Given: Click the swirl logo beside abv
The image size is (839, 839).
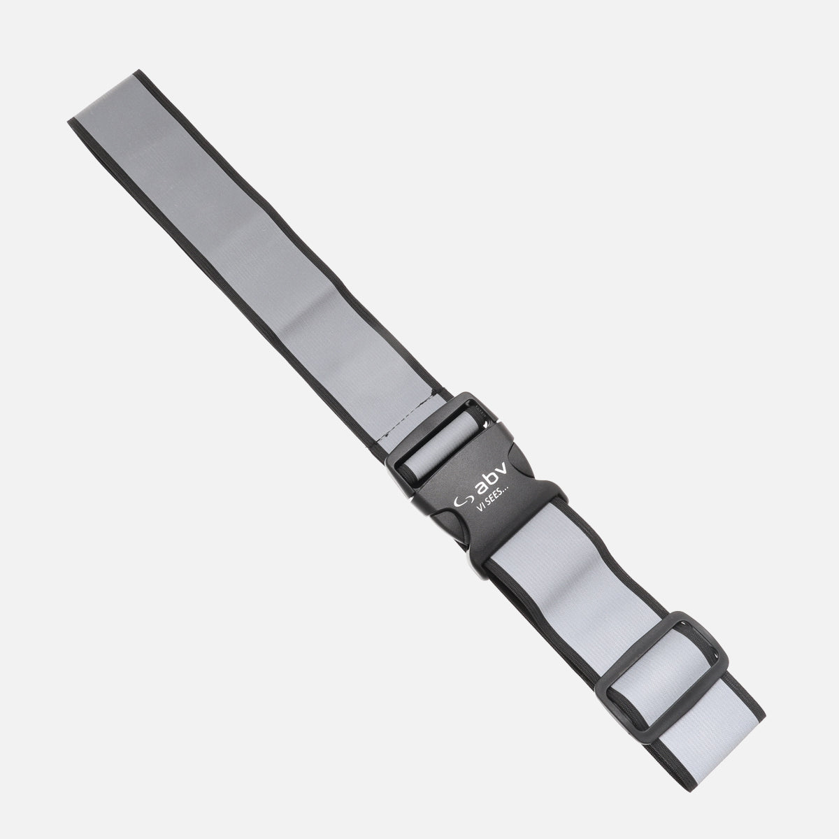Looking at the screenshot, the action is coord(463,501).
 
